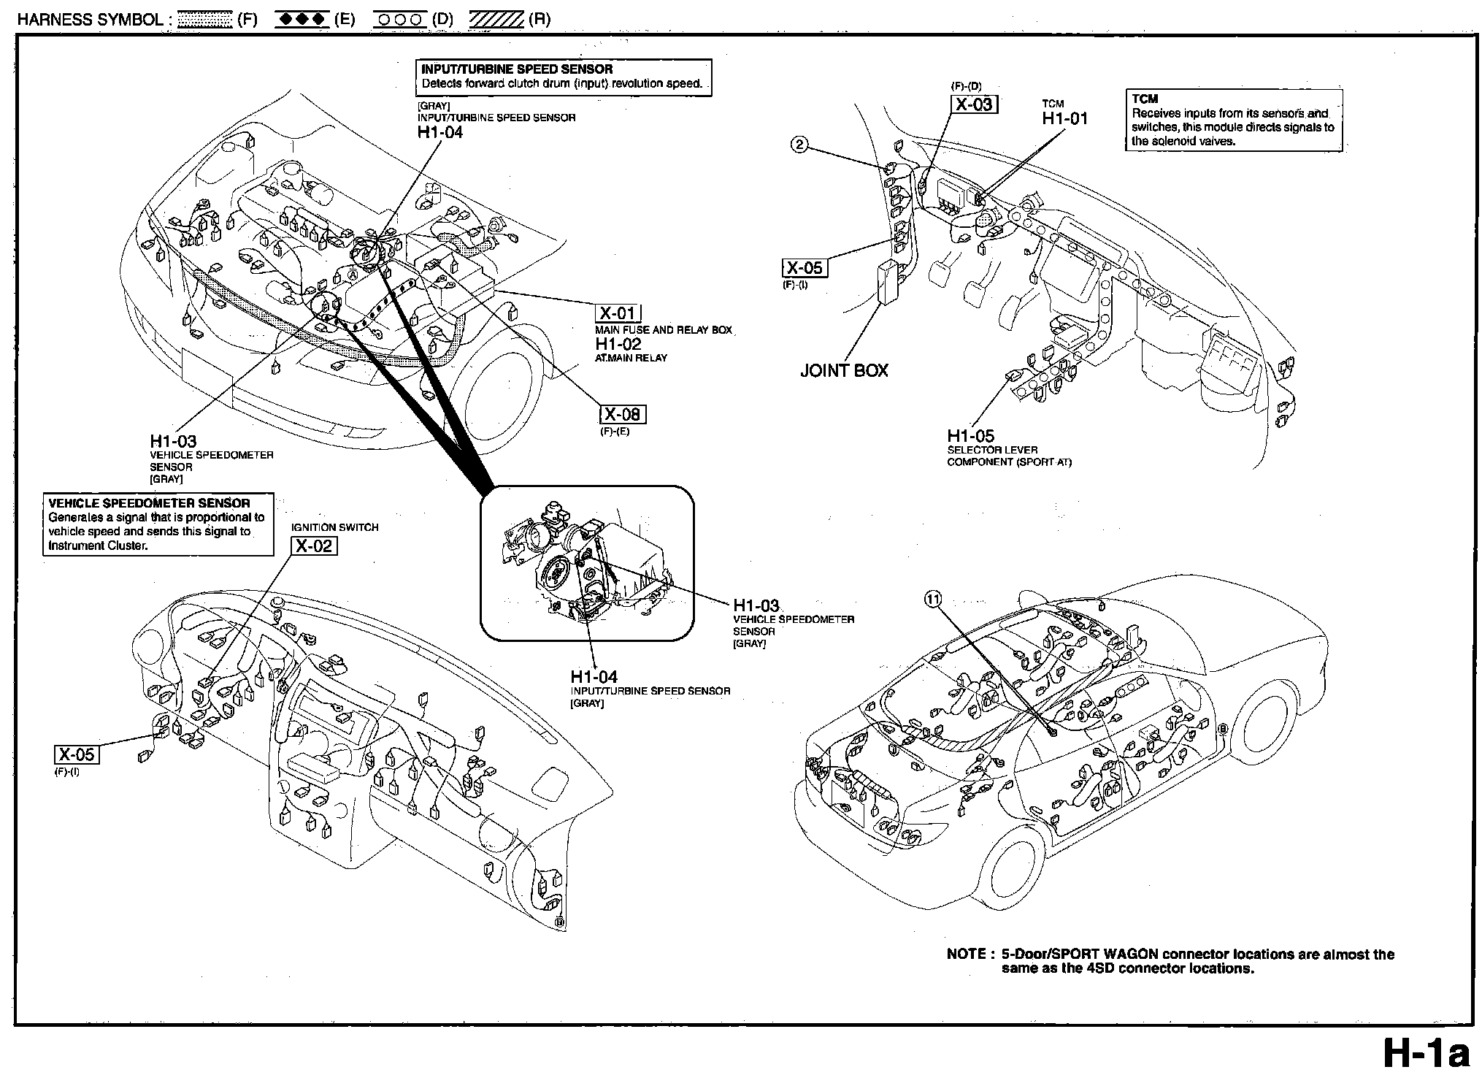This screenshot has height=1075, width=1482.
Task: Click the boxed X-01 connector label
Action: point(618,313)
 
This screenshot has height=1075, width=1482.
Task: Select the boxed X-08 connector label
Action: point(623,415)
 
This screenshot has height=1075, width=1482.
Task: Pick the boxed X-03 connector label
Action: point(974,104)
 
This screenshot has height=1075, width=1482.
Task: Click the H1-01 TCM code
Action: point(1064,118)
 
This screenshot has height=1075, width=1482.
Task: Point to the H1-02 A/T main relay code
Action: point(618,344)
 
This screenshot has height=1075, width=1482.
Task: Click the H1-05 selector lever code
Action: point(971,437)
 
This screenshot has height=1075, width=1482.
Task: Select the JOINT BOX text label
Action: point(844,370)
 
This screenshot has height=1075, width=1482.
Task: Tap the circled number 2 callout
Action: point(799,145)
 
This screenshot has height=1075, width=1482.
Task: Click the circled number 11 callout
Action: point(932,599)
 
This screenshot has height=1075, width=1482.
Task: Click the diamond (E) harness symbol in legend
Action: point(302,20)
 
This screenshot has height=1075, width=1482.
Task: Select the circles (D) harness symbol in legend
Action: point(399,20)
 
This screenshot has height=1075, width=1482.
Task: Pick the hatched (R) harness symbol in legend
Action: point(496,20)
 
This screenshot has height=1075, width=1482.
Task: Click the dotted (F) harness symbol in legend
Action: point(205,20)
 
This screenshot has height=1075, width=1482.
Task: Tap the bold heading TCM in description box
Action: point(1145,99)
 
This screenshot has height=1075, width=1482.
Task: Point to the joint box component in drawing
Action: point(889,282)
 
